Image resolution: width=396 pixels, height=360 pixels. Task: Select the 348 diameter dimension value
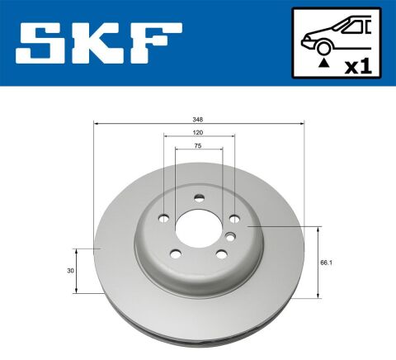click(x=199, y=119)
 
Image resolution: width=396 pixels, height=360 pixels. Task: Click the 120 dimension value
click(x=199, y=131)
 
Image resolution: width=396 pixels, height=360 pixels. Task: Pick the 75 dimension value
click(x=199, y=144)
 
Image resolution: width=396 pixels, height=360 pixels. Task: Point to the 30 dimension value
click(x=71, y=270)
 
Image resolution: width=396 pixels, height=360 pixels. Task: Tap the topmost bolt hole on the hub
click(x=198, y=197)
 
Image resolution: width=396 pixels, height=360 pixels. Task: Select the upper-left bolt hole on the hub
click(x=163, y=218)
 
